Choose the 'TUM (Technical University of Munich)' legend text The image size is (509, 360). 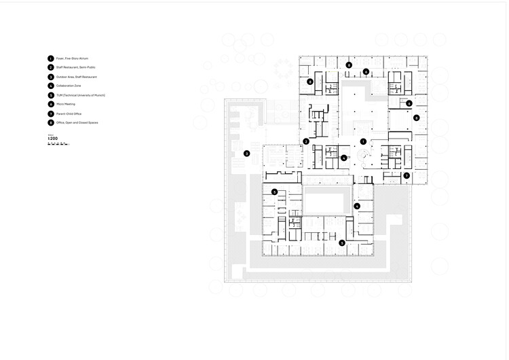tap(80, 96)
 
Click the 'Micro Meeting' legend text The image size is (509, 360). tap(65, 105)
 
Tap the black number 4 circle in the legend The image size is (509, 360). tap(50, 86)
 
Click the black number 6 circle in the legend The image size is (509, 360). tap(50, 105)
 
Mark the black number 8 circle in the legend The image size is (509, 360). tap(50, 123)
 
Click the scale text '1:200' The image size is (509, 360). tap(53, 139)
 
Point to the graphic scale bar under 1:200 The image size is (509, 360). tap(58, 144)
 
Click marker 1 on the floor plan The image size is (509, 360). tap(363, 141)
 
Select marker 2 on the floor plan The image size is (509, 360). tap(306, 141)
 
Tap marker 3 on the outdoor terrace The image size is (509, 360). tap(246, 154)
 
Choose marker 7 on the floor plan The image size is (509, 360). tap(406, 175)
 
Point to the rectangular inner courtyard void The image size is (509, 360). tap(327, 200)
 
